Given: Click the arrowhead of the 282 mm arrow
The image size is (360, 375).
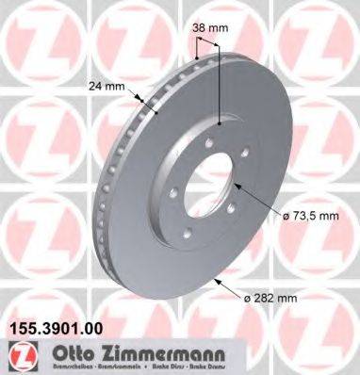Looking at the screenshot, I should pos(216,280).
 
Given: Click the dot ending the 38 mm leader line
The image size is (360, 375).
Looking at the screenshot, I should pos(219,123).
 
